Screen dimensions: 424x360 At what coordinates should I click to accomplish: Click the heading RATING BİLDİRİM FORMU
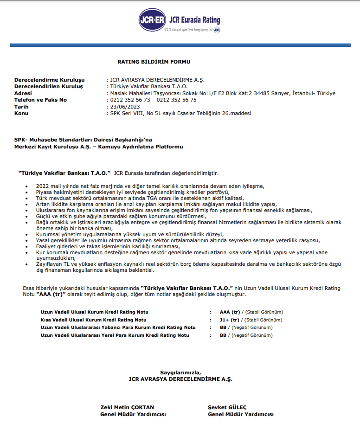tap(154, 62)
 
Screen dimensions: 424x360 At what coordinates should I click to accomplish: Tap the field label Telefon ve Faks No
tap(40, 100)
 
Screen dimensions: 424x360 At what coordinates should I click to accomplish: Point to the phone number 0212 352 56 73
tap(130, 100)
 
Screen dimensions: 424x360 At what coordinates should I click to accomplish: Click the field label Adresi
tap(24, 93)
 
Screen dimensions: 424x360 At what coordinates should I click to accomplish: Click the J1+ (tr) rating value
tap(229, 320)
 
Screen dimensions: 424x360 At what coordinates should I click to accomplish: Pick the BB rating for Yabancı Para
tap(223, 328)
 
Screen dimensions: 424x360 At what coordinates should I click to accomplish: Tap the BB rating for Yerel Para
tap(223, 335)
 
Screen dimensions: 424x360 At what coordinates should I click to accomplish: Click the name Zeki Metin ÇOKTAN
tap(127, 407)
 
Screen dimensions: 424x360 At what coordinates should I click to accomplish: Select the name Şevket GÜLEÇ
tap(227, 407)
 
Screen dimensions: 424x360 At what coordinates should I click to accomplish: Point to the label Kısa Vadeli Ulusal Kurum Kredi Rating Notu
tap(94, 320)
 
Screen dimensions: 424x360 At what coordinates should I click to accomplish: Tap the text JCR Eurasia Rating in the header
tap(195, 20)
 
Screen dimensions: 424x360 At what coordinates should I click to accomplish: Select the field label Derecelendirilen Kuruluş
tap(48, 87)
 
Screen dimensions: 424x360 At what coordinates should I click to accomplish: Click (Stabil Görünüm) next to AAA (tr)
tap(264, 312)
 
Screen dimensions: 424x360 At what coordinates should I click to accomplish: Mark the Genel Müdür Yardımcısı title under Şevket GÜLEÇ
tap(240, 414)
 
